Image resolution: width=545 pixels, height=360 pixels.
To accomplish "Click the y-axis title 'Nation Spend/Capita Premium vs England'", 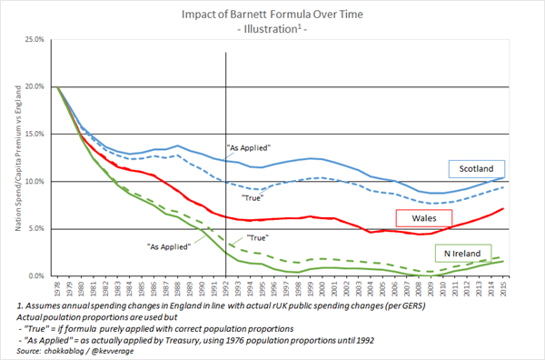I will (x=12, y=157).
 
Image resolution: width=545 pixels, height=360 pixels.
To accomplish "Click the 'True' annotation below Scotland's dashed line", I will (x=253, y=197).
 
